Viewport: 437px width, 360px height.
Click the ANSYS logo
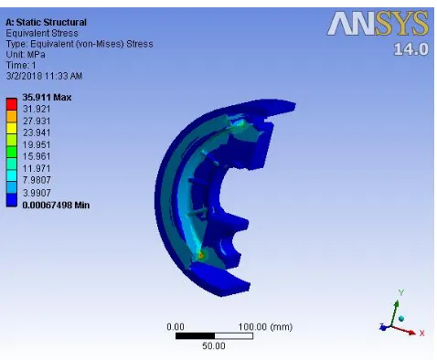tap(378, 24)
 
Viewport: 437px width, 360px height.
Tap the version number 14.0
tap(411, 49)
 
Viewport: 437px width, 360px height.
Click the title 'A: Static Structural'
tap(46, 22)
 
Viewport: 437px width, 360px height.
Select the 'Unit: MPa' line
tap(26, 55)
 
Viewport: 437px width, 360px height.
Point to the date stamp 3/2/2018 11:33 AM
tap(44, 76)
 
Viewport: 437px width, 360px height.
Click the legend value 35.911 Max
tap(47, 98)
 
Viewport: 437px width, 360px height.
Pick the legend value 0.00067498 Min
tap(56, 205)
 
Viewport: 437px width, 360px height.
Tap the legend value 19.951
tap(37, 144)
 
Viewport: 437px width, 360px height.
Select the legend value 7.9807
tap(37, 180)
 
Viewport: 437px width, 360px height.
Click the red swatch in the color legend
tap(12, 104)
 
